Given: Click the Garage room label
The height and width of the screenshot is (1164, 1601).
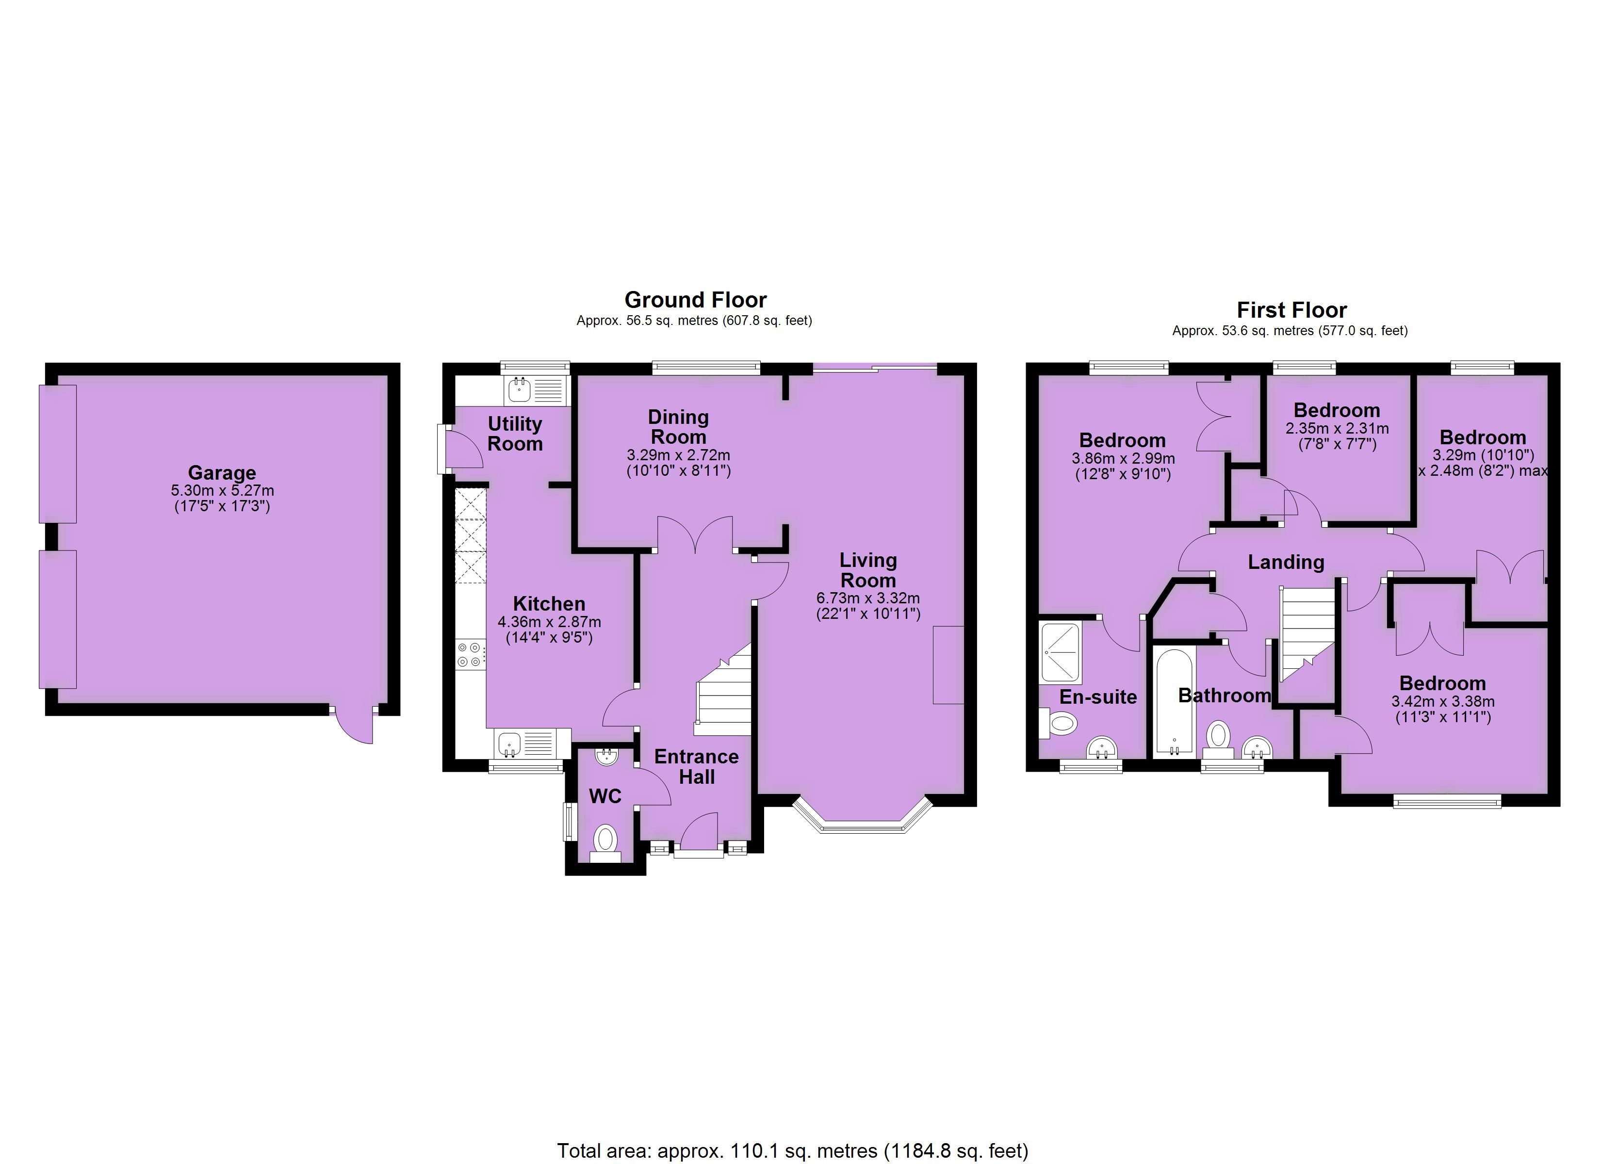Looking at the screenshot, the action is (222, 472).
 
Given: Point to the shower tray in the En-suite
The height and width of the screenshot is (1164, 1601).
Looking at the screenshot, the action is (1060, 652).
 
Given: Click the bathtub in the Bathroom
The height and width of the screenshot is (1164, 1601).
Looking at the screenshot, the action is (1174, 702).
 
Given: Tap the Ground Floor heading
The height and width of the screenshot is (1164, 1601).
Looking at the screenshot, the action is (695, 300).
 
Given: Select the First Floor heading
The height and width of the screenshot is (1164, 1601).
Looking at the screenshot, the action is (1292, 310).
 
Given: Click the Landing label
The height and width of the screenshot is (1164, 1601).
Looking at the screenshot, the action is (1286, 562).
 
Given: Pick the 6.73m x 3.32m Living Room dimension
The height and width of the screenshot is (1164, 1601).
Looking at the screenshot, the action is (868, 598).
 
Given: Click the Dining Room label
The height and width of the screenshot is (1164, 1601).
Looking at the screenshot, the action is (678, 427).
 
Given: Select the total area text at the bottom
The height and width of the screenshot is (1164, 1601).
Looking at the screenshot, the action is (793, 1151).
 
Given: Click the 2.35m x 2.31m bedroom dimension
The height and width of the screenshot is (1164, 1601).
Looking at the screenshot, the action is (1337, 428).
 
